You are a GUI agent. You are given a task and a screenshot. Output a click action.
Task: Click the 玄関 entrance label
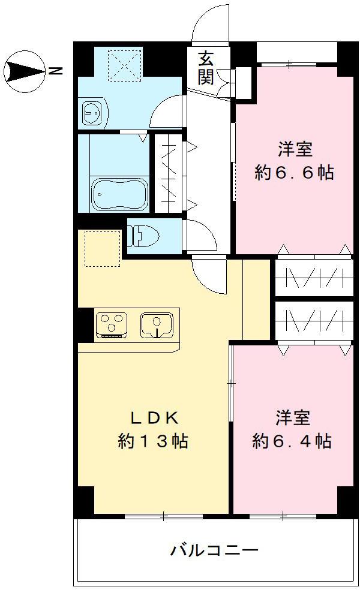pos(206,68)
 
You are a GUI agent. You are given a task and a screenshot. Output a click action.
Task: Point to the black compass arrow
pos(24,72)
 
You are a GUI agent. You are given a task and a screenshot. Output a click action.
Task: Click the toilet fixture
pos(138,235)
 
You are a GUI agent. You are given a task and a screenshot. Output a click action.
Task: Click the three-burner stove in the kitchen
pos(111,325)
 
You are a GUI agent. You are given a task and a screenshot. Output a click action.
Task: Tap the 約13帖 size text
pos(153,442)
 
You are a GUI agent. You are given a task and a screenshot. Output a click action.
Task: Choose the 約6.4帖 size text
pos(292,442)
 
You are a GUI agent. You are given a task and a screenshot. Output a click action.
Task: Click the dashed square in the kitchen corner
pos(102,248)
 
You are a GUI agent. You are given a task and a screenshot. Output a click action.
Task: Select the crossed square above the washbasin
pos(124,65)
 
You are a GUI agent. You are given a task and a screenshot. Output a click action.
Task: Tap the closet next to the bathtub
pos(167,173)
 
